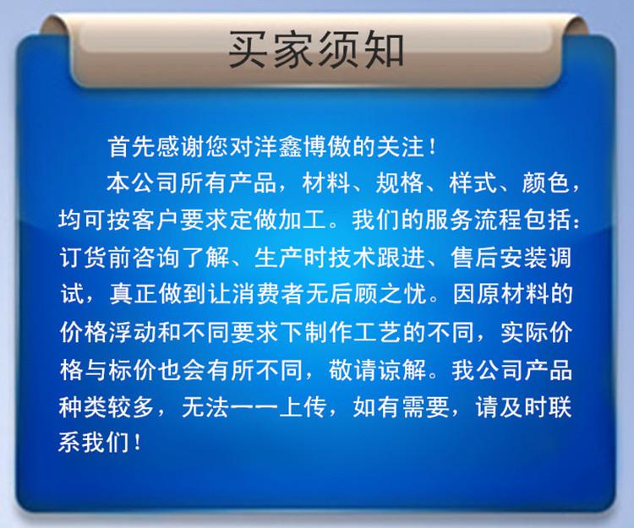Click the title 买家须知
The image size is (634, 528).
pyautogui.click(x=316, y=49)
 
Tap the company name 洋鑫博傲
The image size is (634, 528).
pyautogui.click(x=303, y=146)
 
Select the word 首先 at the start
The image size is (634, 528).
pyautogui.click(x=131, y=146)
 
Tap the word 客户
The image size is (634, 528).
pyautogui.click(x=156, y=220)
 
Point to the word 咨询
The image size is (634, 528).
pyautogui.click(x=156, y=257)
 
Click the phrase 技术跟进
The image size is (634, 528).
pyautogui.click(x=376, y=257)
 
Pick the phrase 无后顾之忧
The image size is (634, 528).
pyautogui.click(x=367, y=294)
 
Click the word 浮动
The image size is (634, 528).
pyautogui.click(x=131, y=332)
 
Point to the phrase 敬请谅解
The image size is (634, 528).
pyautogui.click(x=377, y=369)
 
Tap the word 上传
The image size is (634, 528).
pyautogui.click(x=303, y=406)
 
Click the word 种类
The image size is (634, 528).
pyautogui.click(x=83, y=406)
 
